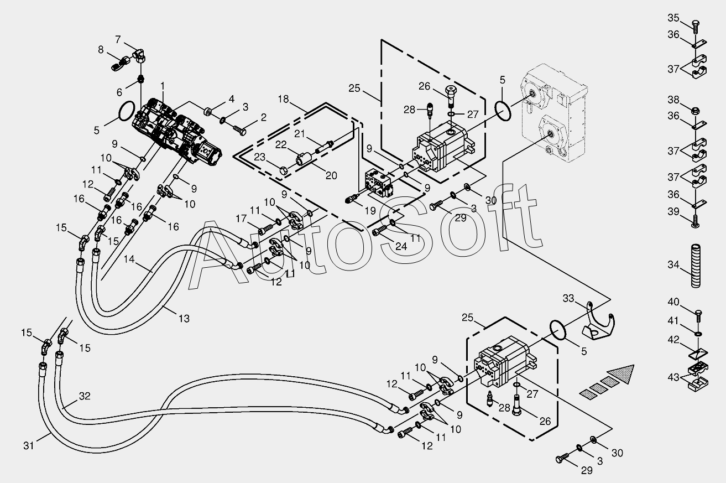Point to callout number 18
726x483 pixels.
[x=284, y=99]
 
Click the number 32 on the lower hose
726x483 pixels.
[x=84, y=396]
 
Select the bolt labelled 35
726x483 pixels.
[x=695, y=24]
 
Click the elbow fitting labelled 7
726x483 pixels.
[x=140, y=55]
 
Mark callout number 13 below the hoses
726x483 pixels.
[x=184, y=318]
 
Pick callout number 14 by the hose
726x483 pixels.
[x=129, y=258]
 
